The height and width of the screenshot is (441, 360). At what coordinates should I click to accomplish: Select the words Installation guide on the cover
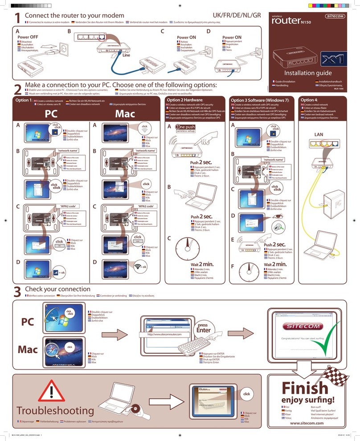point(308,73)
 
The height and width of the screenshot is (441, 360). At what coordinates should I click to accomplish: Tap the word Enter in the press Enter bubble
point(204,330)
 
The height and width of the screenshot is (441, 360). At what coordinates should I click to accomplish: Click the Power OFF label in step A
point(28,37)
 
